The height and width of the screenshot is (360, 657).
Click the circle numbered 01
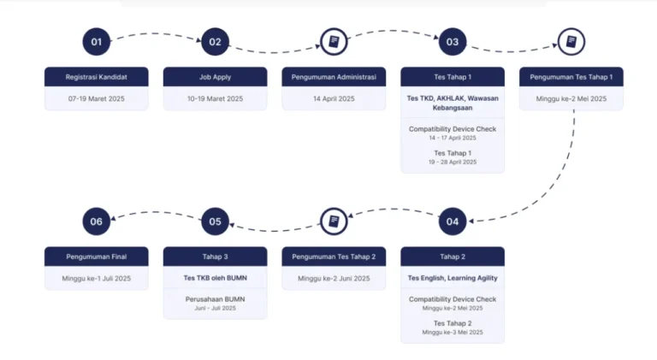coord(97,42)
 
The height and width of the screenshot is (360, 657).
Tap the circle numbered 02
coord(215,42)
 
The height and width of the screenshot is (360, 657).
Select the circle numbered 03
coord(453,42)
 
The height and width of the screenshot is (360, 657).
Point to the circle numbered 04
coord(453,221)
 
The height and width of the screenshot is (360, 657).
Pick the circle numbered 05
coord(215,221)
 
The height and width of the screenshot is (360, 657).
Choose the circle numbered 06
coord(97,221)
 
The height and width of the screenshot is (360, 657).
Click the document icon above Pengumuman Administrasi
coord(334,42)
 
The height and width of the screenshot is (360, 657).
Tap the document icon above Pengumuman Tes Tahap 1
coord(571,42)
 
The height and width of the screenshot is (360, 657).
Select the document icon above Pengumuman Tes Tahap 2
coord(334,221)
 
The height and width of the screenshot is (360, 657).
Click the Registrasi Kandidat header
coord(97,77)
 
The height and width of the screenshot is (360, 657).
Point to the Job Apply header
coord(215,77)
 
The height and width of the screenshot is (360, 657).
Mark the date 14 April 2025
coord(334,99)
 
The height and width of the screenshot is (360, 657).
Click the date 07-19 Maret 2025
coord(97,99)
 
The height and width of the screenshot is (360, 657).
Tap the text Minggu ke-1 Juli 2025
coord(97,279)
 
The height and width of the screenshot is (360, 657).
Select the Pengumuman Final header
coord(97,257)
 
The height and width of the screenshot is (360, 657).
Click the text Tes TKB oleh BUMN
coord(215,278)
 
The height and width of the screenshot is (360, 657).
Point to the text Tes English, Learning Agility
coord(453,278)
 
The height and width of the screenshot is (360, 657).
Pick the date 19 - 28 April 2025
coord(453,162)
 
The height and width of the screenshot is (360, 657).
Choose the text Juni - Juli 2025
coord(215,308)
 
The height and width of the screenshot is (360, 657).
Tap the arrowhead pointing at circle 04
coord(471,221)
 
